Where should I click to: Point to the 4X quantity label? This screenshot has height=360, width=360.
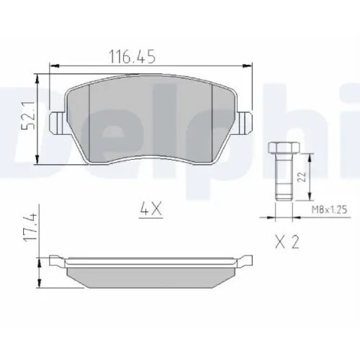pyautogui.click(x=152, y=210)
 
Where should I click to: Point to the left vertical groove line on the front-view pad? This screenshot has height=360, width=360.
pyautogui.click(x=87, y=119)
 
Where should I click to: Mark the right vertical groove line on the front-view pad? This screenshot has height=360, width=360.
pyautogui.click(x=215, y=119)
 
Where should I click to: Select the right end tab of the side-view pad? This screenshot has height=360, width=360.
pyautogui.click(x=246, y=260)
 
